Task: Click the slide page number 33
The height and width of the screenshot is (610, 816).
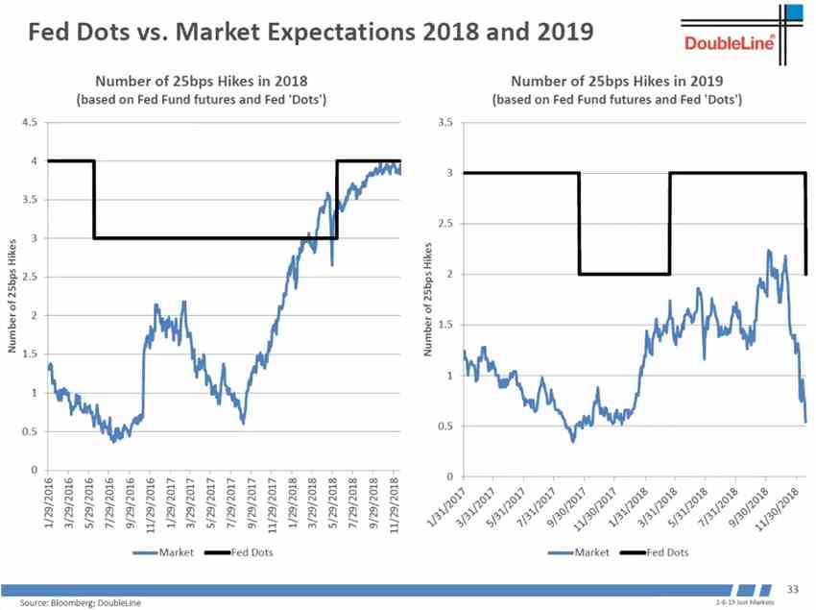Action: coord(793,587)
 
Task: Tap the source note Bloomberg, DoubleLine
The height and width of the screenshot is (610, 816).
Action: coord(81,602)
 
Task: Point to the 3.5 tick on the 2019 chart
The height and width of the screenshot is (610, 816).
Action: coord(444,122)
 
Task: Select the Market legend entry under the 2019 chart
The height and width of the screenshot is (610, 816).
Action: coord(579,552)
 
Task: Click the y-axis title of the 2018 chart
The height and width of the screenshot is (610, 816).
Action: coord(13,296)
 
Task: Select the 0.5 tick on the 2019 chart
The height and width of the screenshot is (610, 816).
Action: coord(444,426)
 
